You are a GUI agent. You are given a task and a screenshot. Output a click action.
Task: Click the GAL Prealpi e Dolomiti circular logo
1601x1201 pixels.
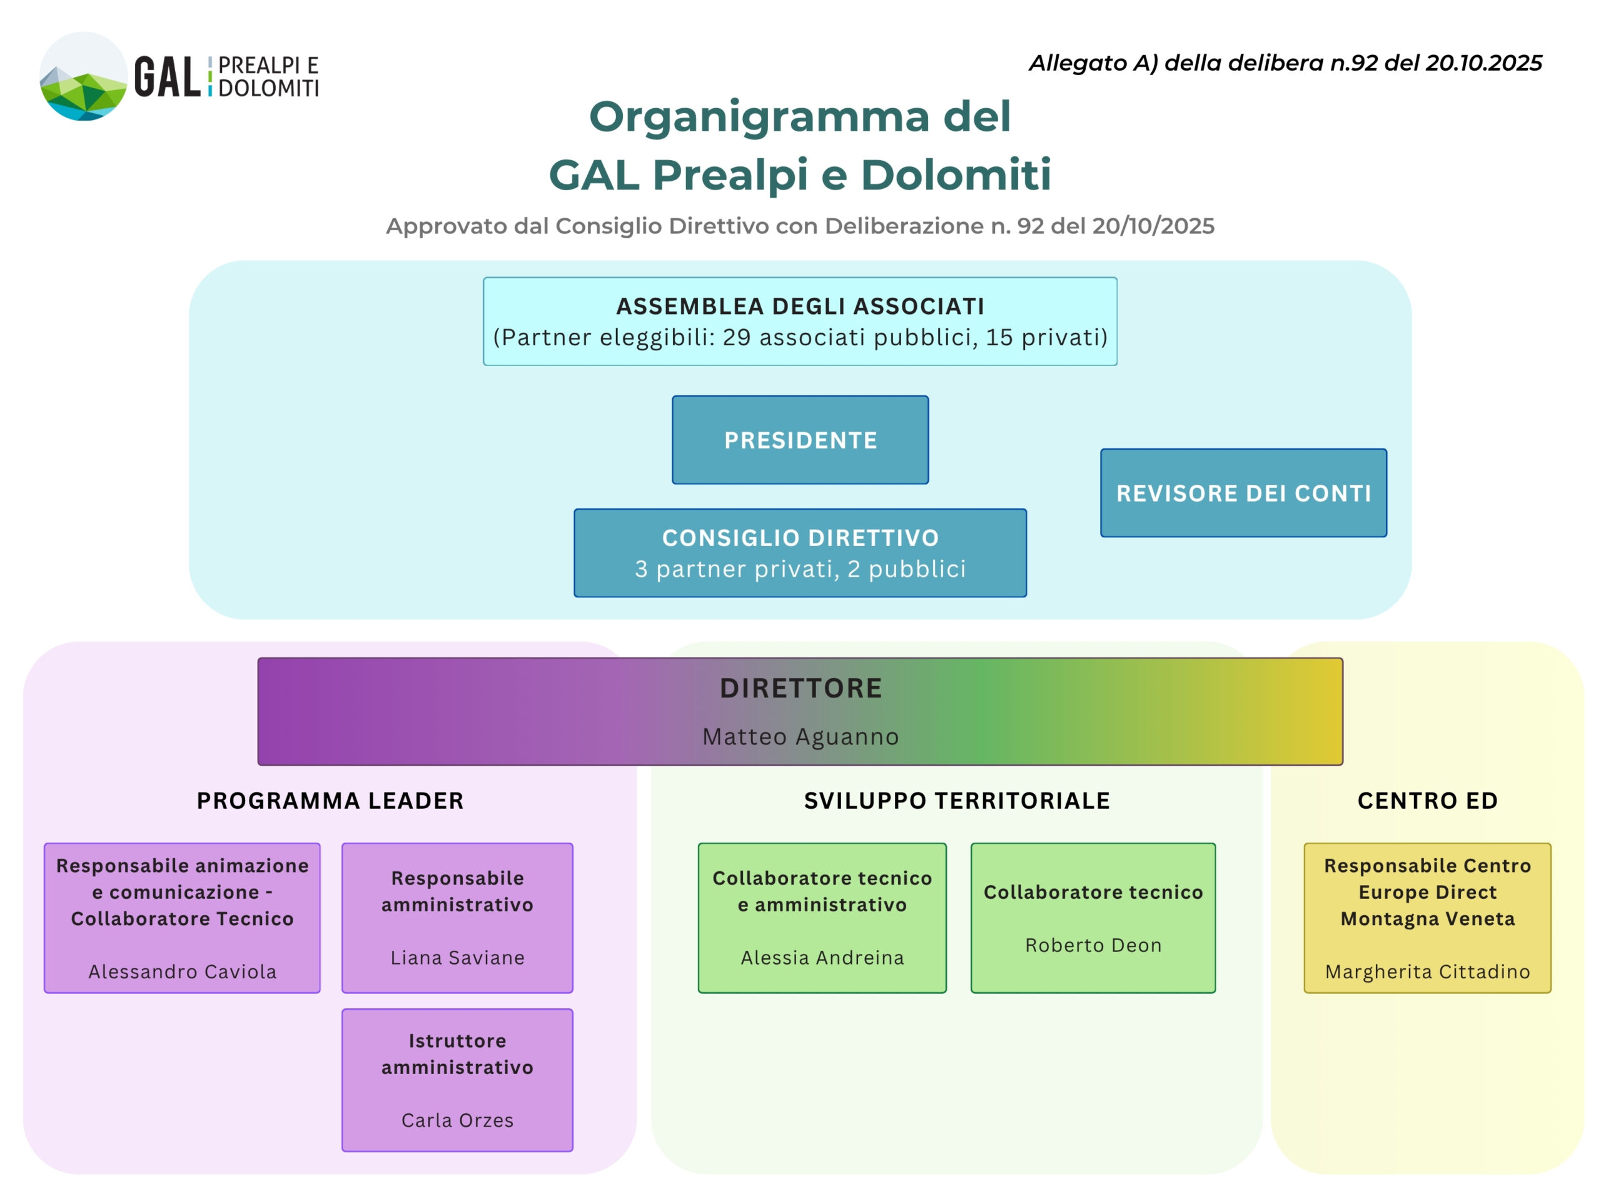(x=83, y=76)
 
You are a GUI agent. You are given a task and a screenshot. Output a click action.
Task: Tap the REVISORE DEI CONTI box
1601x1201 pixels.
(x=1243, y=492)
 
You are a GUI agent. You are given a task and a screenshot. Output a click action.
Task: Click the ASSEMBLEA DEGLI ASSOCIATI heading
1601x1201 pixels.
(x=800, y=307)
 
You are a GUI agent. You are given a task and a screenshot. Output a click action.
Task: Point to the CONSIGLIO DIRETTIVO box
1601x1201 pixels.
(x=800, y=552)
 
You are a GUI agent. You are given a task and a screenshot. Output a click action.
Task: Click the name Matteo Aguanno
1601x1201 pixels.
(x=800, y=736)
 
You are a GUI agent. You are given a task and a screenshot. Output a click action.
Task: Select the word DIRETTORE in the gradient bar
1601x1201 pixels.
(x=800, y=687)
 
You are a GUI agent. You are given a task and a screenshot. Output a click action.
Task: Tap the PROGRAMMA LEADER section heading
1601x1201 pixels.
(x=330, y=800)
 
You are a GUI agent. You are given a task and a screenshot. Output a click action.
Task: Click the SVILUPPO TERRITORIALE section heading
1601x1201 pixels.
(x=956, y=800)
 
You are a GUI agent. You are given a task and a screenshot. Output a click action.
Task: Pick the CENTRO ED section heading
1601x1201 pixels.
(x=1427, y=800)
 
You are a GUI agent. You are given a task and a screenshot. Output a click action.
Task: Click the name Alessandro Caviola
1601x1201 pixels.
(x=183, y=971)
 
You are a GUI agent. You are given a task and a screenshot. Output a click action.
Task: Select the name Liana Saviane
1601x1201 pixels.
(x=457, y=957)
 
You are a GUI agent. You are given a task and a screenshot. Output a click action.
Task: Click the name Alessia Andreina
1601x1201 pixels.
(x=822, y=957)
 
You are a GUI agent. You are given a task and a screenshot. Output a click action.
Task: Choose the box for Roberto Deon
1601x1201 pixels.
(x=1093, y=917)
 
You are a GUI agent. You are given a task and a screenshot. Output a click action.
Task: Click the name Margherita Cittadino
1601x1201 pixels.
(x=1427, y=971)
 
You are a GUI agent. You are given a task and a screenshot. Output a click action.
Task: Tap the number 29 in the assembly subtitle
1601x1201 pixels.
(x=737, y=337)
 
